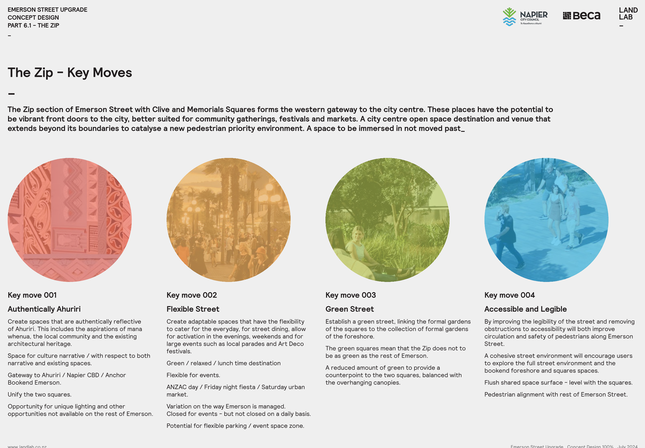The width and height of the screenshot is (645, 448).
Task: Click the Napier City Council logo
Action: point(525,17)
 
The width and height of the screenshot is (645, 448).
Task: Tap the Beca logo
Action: point(581,15)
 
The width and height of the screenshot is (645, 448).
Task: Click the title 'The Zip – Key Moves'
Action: point(69,73)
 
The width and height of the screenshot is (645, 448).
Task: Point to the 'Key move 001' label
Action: point(32,295)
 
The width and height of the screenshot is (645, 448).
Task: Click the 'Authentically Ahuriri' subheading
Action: point(44,309)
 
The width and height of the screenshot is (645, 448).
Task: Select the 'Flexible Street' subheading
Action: point(193,309)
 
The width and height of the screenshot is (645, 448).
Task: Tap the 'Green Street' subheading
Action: point(350,309)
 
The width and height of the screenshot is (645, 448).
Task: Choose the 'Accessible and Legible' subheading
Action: point(525,309)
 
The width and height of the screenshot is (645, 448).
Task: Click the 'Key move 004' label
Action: point(510,295)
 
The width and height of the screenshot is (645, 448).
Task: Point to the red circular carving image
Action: point(69,220)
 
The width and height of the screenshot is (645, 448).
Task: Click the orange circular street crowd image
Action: point(229,220)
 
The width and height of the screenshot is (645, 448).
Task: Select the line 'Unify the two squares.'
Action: point(40,394)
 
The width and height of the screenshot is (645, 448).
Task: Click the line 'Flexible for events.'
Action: point(193,375)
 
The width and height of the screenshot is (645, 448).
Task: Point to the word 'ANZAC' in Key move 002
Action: point(176,387)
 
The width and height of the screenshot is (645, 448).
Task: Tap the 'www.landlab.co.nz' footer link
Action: point(27,446)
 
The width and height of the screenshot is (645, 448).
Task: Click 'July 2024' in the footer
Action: point(627,446)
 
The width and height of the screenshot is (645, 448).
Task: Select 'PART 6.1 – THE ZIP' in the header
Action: point(33,25)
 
